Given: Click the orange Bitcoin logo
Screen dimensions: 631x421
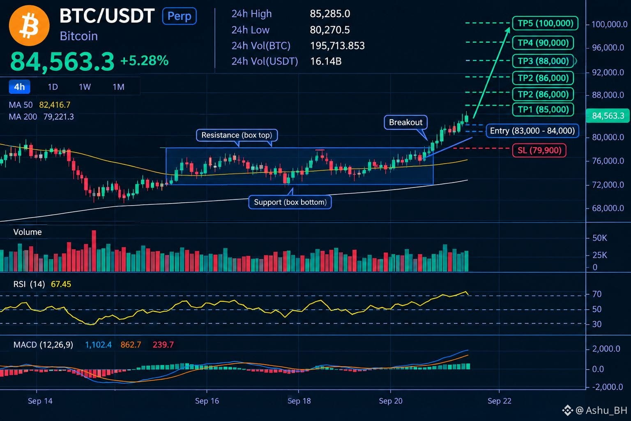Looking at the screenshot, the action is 29,25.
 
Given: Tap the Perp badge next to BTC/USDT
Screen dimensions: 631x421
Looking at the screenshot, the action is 179,16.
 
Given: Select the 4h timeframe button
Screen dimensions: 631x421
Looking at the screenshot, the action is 19,87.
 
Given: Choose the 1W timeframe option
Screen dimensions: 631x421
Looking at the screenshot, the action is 85,87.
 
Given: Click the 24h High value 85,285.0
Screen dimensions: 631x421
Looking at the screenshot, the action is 330,14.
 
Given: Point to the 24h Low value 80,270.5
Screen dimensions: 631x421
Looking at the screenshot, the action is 329,30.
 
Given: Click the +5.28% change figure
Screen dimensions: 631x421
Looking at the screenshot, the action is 144,60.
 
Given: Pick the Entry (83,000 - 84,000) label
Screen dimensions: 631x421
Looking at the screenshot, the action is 532,131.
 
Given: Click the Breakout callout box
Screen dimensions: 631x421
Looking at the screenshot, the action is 405,123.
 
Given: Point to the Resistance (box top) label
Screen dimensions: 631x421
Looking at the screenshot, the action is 237,135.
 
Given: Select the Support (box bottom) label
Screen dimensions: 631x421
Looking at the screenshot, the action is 290,202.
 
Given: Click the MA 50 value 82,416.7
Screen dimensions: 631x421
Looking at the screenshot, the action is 55,105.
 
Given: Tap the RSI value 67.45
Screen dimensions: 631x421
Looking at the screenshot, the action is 61,284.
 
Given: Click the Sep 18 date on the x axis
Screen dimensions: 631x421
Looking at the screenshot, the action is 299,401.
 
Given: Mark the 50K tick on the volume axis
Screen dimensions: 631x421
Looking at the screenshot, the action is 599,238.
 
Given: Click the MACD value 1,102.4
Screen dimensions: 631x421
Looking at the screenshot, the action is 98,345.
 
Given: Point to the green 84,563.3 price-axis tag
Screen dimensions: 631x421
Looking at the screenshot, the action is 607,116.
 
